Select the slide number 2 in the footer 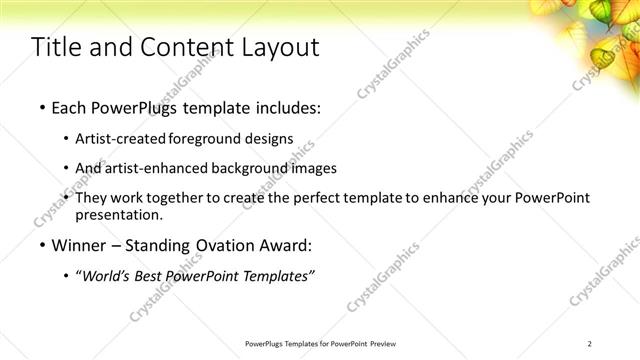click(590, 344)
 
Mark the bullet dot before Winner click(41, 245)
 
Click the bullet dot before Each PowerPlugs click(41, 106)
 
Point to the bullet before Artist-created click(66, 138)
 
